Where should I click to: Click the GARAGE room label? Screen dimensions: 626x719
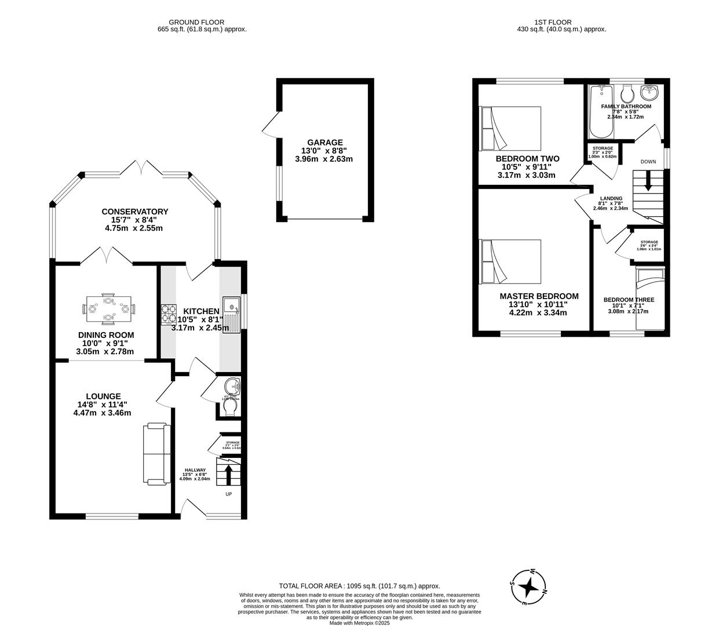coord(324,142)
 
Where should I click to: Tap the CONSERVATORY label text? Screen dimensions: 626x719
coord(134,212)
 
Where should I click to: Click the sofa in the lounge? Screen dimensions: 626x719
coord(156,454)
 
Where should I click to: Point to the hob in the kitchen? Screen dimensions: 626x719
coord(168,313)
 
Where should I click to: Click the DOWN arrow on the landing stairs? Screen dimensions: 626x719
coord(648,181)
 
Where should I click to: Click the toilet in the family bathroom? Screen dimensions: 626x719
coord(626,93)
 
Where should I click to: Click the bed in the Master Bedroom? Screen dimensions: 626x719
coord(510,261)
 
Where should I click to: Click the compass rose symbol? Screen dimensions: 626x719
coord(528,587)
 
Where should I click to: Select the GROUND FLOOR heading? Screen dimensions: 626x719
coord(196,22)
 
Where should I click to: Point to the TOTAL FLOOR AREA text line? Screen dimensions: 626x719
coord(359,586)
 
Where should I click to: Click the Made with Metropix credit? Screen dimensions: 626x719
coord(359,623)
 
